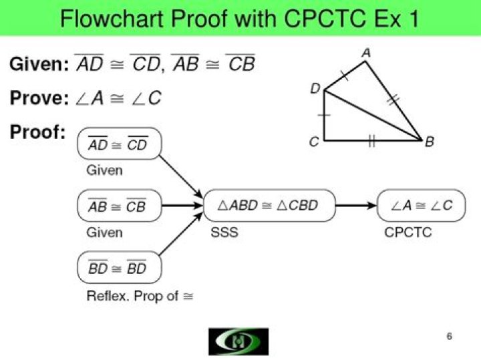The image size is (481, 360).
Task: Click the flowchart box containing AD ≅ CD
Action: (120, 144)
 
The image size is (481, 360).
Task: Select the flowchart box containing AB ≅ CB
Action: (120, 206)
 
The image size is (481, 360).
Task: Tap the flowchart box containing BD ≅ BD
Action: (120, 268)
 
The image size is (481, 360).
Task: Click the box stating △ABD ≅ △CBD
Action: (269, 206)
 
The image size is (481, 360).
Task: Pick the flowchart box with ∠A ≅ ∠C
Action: (421, 206)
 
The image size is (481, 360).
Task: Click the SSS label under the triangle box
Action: (224, 232)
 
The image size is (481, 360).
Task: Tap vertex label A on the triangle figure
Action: (365, 52)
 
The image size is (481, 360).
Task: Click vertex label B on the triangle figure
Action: (430, 141)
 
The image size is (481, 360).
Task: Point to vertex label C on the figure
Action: (314, 141)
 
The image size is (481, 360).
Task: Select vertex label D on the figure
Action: (315, 89)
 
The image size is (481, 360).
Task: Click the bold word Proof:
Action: (37, 132)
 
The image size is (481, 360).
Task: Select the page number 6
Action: (450, 336)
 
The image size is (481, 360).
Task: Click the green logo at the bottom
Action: (238, 341)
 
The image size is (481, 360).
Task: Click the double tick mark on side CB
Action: (371, 140)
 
